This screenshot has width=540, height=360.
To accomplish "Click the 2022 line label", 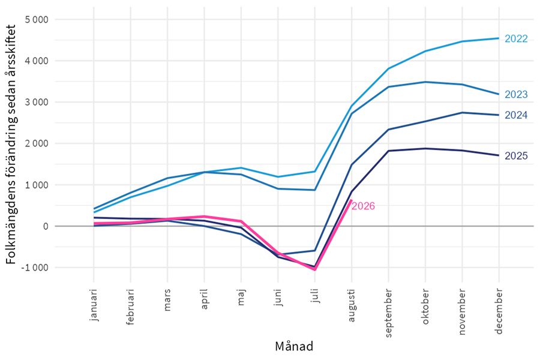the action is pos(516,38).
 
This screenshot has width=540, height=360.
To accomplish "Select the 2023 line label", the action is pos(516,94).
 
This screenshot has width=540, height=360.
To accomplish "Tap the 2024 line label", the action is pos(516,115).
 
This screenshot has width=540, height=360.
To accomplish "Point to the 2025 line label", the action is pos(516,156).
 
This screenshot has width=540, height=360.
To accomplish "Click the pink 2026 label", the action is pos(364,206).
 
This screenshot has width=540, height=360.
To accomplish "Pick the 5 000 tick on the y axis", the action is pos(37,20).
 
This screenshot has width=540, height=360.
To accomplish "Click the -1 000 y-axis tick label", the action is pos(35,268).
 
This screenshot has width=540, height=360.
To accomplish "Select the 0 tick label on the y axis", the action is pos(46,226).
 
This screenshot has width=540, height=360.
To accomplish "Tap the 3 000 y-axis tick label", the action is pos(37,103).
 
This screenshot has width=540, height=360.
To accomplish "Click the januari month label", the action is pos(94,305).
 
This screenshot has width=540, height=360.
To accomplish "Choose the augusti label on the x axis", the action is pos(352,305).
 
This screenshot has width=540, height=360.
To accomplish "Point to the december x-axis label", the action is pos(499,311).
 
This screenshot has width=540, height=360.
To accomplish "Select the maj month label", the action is pos(241,297).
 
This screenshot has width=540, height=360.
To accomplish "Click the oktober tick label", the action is pos(425,307).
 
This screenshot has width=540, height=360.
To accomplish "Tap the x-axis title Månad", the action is pos(294,346).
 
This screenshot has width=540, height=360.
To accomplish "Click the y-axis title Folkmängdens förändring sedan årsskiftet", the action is pos(11,144).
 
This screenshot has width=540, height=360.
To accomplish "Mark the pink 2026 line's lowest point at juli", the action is pos(315,269).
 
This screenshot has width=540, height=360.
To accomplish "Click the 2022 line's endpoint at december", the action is pos(499,38).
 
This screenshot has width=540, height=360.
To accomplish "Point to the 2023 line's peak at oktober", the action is pos(425,82).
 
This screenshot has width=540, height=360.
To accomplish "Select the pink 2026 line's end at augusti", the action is pos(351,200).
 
